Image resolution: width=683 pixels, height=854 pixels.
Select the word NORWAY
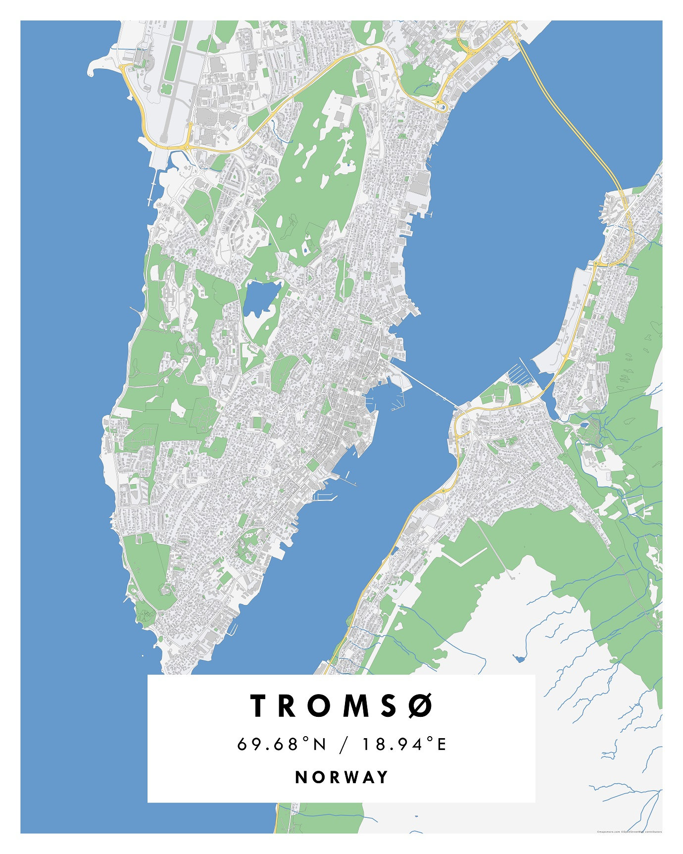click(x=341, y=777)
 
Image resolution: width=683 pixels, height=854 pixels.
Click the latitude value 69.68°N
click(x=282, y=744)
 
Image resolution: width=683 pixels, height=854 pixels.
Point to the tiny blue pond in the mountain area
click(x=519, y=658)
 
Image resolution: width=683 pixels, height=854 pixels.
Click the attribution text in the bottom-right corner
click(x=629, y=832)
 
